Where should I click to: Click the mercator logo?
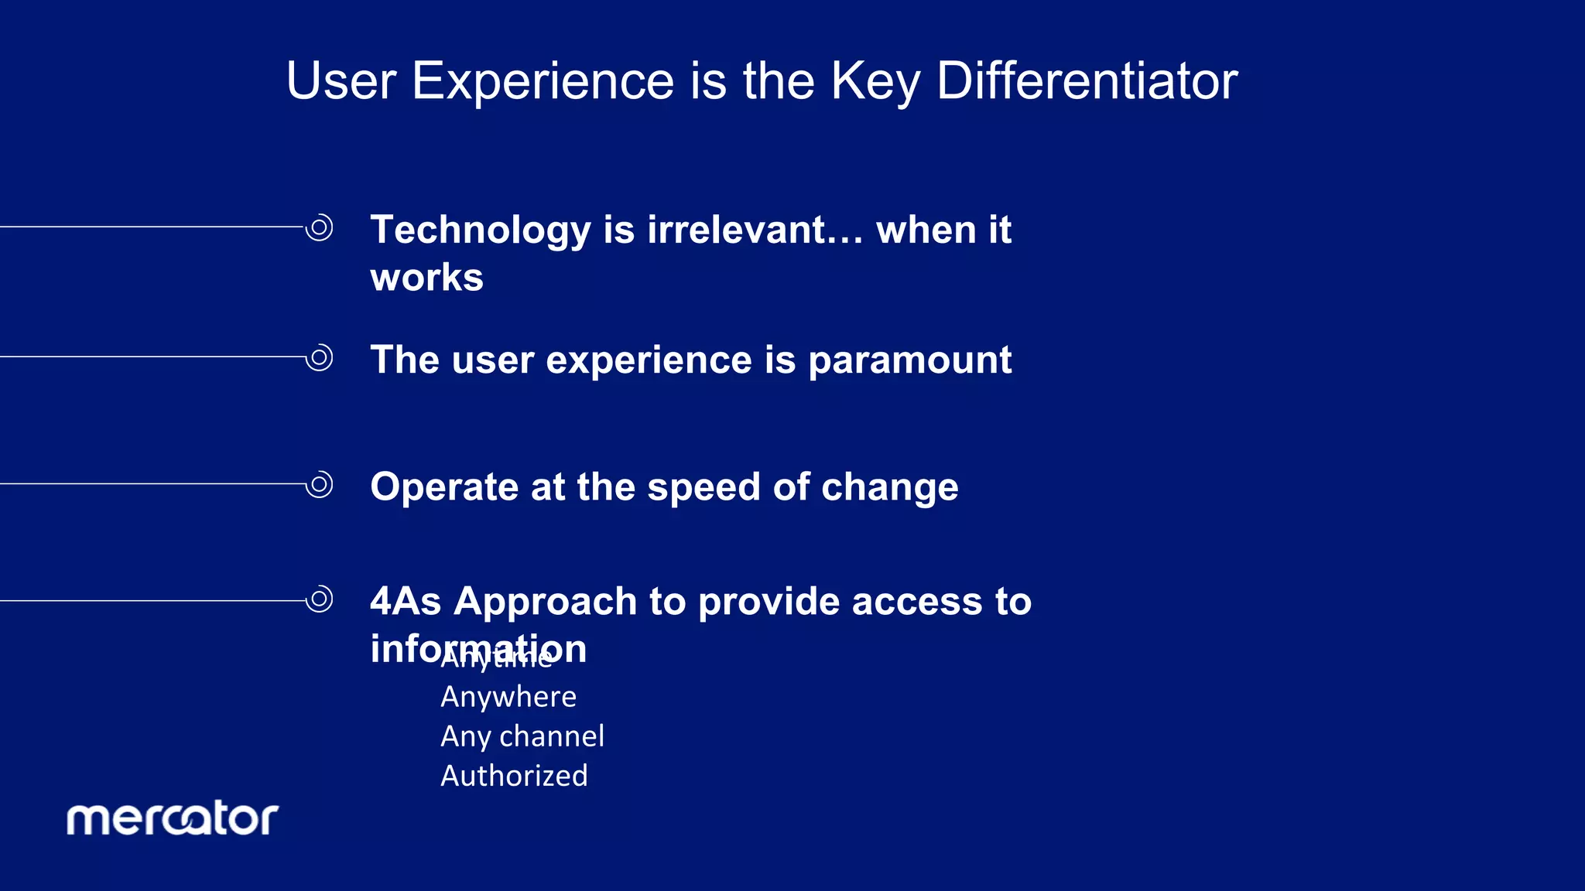pos(172,819)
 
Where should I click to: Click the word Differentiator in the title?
pos(1087,80)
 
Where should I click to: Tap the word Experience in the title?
pos(543,80)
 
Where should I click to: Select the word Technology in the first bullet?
pos(481,230)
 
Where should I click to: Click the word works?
pos(426,278)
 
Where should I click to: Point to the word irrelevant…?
pos(755,230)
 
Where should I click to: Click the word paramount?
pos(909,360)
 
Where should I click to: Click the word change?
pos(889,487)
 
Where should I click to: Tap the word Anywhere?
pos(508,697)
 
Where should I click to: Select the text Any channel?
pos(522,736)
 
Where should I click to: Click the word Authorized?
pos(514,776)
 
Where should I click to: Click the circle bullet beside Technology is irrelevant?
pos(319,227)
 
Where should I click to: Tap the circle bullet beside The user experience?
pos(319,357)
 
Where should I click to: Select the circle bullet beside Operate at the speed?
pos(319,485)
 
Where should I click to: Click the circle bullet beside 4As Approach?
pos(319,599)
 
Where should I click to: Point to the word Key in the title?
pos(875,80)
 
